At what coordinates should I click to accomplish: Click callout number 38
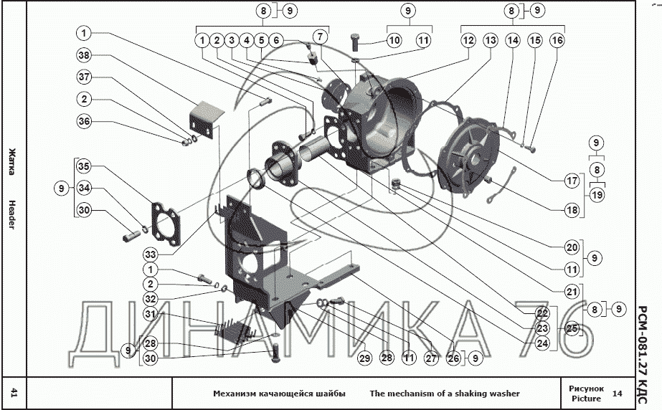[x=84, y=55]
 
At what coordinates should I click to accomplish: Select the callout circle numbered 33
[x=151, y=254]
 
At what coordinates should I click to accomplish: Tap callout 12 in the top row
[x=468, y=40]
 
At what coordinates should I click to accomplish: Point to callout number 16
[x=557, y=40]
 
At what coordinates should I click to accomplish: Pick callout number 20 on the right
[x=572, y=247]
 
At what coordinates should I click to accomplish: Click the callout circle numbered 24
[x=542, y=343]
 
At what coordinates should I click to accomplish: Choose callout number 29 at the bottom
[x=364, y=358]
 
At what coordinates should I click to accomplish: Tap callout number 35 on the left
[x=84, y=166]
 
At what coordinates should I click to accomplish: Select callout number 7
[x=321, y=37]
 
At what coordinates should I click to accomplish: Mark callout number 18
[x=572, y=210]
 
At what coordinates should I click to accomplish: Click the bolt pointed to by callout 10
[x=354, y=42]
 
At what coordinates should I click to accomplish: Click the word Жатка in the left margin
[x=12, y=161]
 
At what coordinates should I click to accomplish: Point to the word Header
[x=11, y=215]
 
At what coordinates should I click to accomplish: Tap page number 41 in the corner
[x=14, y=394]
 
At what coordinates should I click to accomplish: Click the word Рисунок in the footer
[x=587, y=388]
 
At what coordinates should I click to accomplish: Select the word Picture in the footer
[x=587, y=399]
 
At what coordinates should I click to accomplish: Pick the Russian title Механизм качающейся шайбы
[x=279, y=394]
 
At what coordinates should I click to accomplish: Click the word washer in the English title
[x=504, y=394]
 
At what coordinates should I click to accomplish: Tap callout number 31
[x=151, y=314]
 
